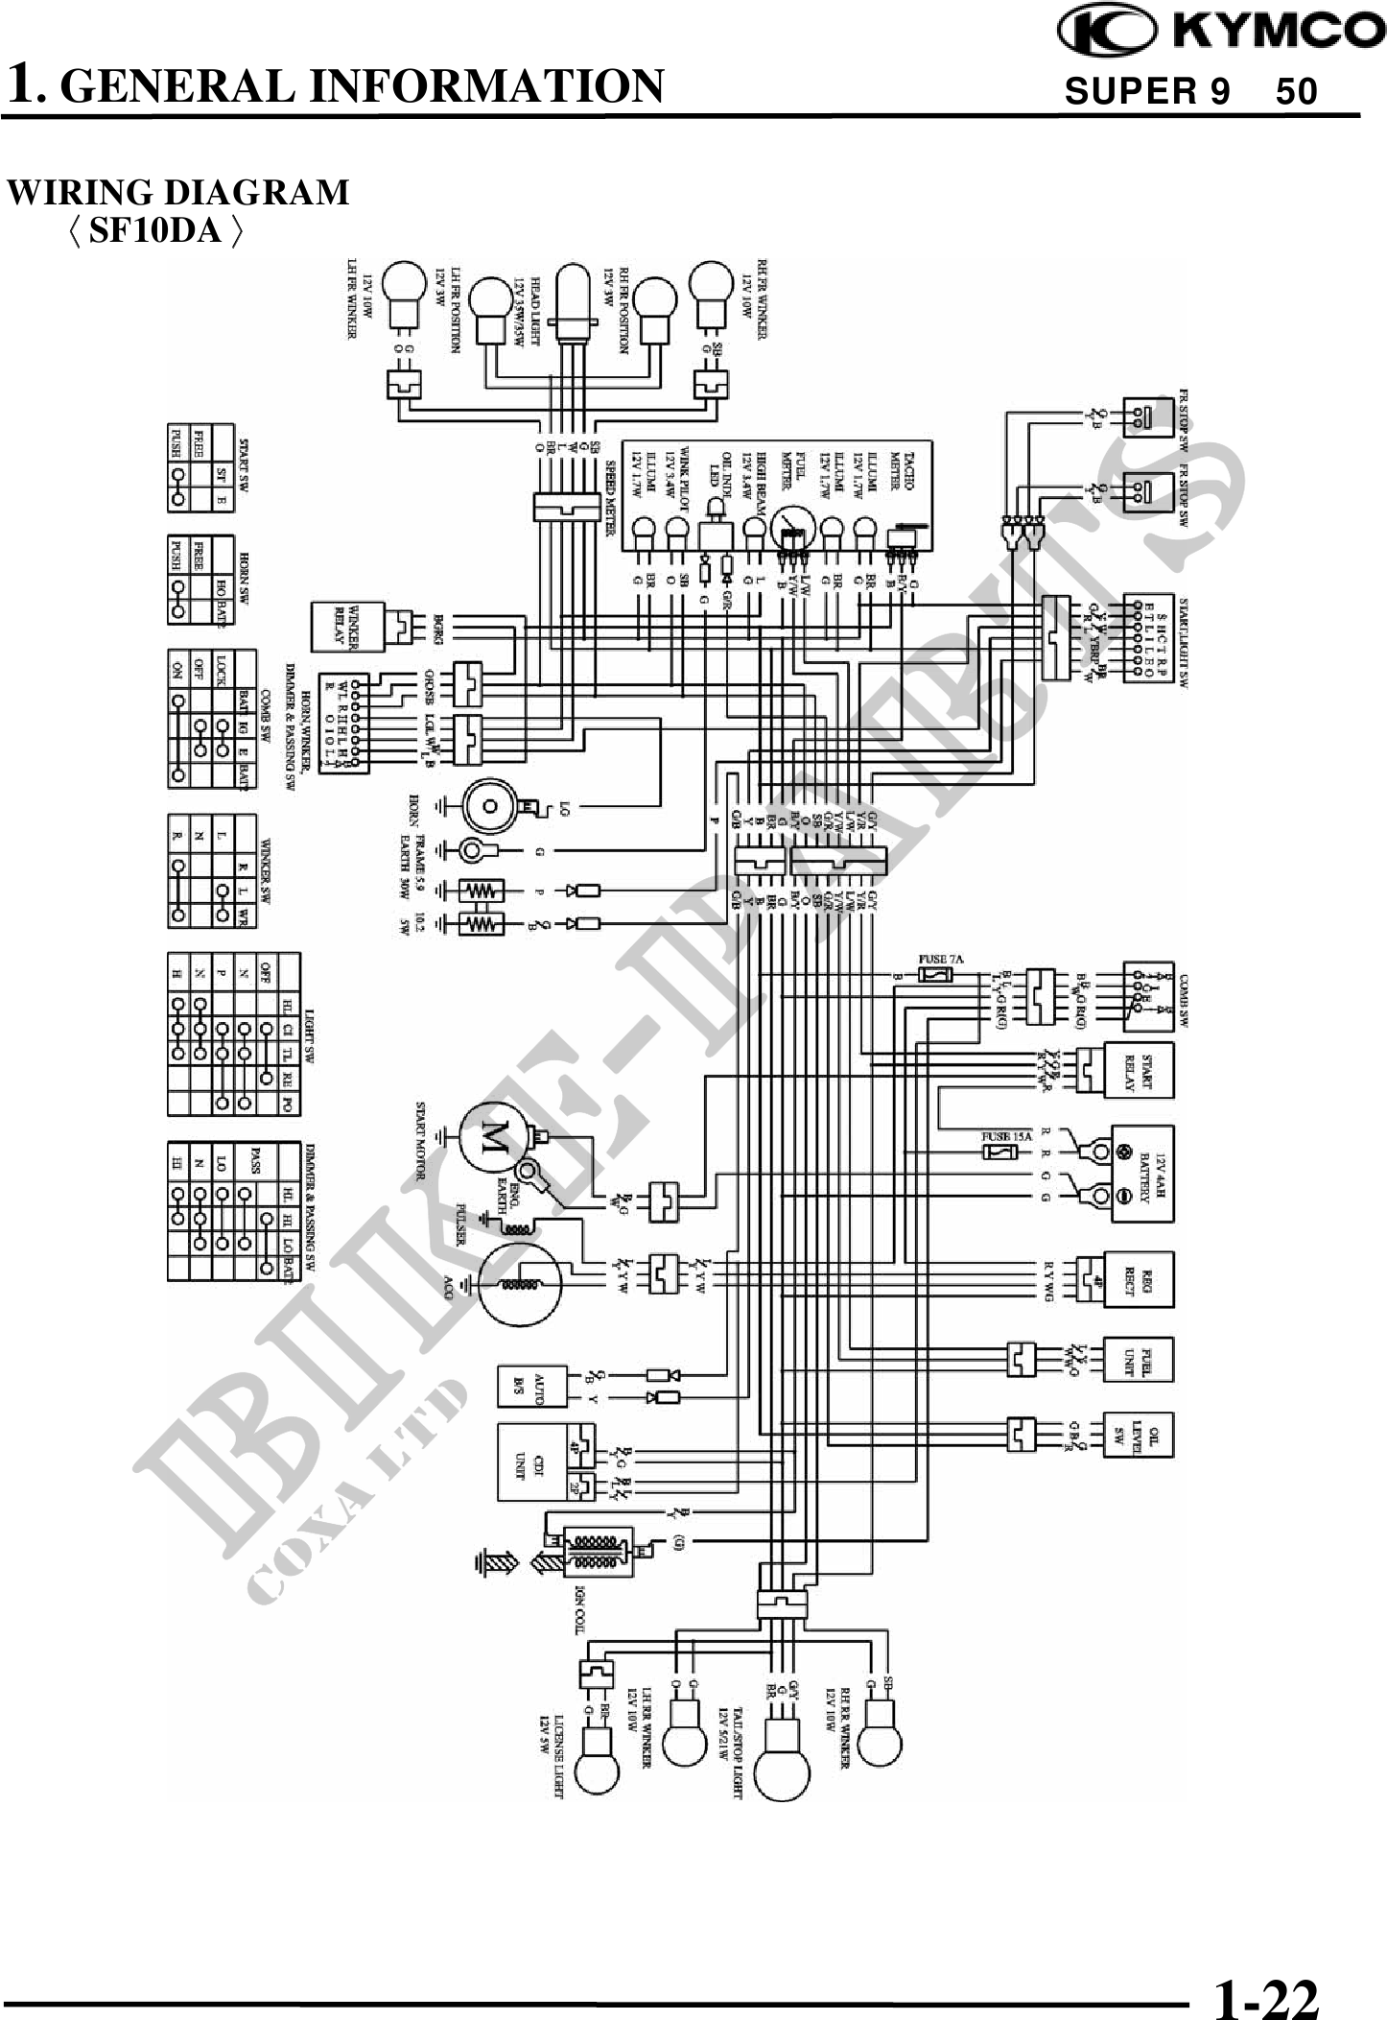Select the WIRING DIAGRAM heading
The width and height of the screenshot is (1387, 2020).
point(178,193)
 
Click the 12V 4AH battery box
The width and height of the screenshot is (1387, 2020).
point(1142,1173)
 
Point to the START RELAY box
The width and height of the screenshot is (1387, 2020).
point(1140,1070)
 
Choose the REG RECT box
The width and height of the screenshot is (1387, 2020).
point(1140,1279)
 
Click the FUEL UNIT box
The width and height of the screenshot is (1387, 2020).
point(1140,1359)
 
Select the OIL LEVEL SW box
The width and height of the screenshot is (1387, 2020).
point(1140,1436)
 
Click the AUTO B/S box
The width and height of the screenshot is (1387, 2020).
point(531,1386)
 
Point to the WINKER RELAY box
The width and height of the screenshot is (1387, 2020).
point(346,626)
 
